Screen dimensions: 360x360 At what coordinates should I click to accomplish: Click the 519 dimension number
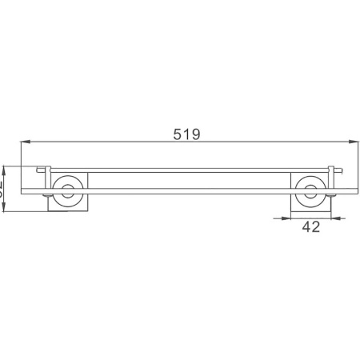tap(187, 134)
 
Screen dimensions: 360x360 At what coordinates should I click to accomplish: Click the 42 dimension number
tap(311, 227)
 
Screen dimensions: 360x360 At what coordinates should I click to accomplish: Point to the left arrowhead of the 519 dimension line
tap(23, 145)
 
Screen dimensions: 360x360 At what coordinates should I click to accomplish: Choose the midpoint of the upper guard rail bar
tap(187, 170)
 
